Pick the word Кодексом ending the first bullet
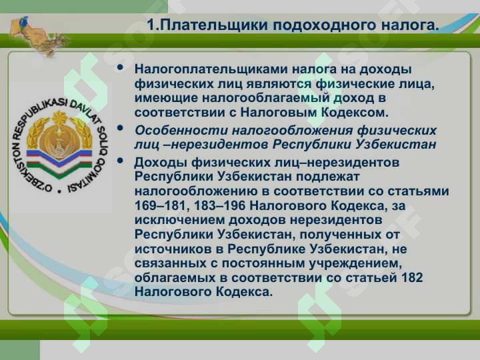tap(355, 113)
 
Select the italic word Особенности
tap(181, 131)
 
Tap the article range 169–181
tap(160, 205)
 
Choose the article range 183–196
tap(219, 205)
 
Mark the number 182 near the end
tap(411, 277)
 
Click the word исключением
tap(179, 220)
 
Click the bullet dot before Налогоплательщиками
tap(120, 67)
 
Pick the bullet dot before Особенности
tap(120, 128)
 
